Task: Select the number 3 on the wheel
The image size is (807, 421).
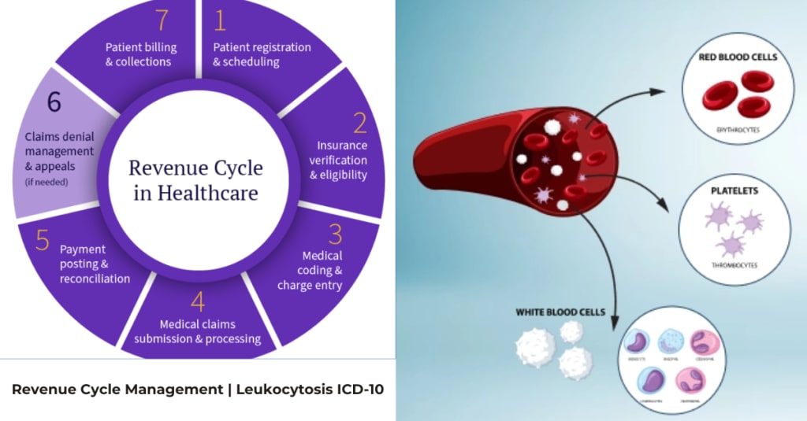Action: pos(335,234)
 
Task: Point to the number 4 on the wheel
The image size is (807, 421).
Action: pos(197,302)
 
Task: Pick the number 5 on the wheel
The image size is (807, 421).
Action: pos(43,238)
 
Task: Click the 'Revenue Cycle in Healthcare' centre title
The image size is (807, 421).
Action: pos(195,179)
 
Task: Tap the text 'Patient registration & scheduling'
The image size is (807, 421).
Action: pos(262,54)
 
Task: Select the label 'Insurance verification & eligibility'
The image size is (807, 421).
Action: pos(340,160)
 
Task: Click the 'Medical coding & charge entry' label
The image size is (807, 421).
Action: pos(311,271)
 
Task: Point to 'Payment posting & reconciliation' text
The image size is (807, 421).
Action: pos(95,264)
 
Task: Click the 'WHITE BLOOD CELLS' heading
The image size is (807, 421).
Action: pos(560,312)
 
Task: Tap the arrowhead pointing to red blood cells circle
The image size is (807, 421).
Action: pos(659,93)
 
